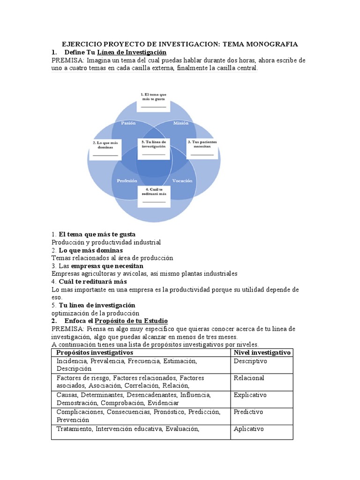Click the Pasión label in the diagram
coord(128,123)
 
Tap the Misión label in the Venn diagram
coord(180,123)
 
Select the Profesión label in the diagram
coord(127,180)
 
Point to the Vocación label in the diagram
coord(182,180)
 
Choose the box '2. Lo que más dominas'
coord(105,149)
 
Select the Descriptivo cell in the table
coord(250,361)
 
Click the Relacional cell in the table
coord(249,378)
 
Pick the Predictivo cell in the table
coord(248,412)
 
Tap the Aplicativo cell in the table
coord(249,429)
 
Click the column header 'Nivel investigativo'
coord(262,352)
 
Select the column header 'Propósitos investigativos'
coord(95,352)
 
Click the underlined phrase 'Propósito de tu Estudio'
coord(131,321)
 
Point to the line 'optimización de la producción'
coord(96,313)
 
